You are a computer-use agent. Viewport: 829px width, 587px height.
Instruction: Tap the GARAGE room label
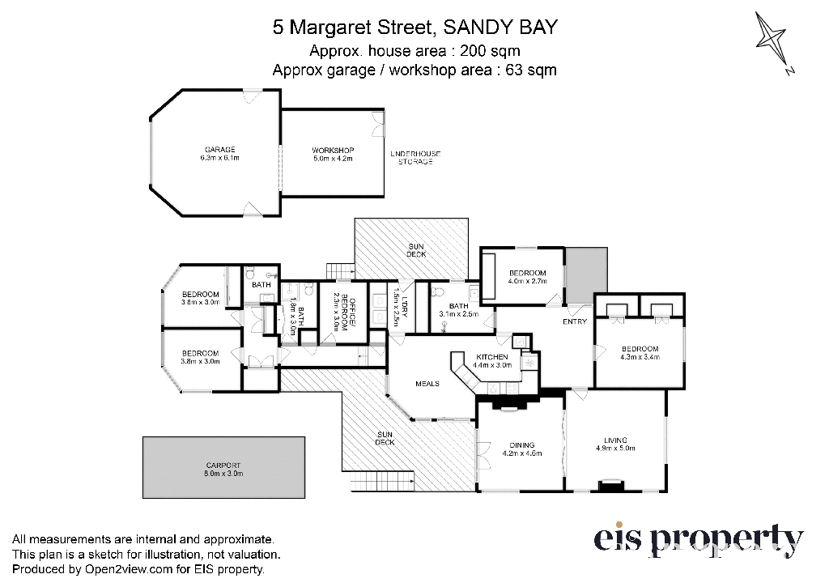(x=220, y=150)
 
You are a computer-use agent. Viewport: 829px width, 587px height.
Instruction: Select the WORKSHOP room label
(x=333, y=151)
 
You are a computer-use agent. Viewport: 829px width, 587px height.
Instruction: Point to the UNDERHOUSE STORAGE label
(x=415, y=158)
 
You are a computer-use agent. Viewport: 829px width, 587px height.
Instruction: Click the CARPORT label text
(x=223, y=466)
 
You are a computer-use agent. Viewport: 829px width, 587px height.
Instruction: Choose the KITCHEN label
(x=491, y=358)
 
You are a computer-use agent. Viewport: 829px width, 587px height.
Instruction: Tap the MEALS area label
(x=427, y=384)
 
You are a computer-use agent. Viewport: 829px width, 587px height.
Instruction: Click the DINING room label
(x=522, y=445)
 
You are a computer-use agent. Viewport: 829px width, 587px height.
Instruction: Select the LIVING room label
(x=615, y=440)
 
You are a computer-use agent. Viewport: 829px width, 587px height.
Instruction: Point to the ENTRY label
(x=575, y=321)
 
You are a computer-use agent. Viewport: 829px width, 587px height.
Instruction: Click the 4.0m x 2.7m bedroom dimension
(x=527, y=281)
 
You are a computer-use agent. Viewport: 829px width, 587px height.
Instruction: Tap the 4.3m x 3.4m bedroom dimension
(x=640, y=357)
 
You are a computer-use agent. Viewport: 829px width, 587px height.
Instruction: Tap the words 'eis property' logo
(x=699, y=541)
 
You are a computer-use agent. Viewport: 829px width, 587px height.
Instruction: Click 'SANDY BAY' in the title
(x=500, y=27)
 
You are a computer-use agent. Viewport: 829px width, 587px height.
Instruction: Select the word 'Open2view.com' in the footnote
(x=129, y=569)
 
